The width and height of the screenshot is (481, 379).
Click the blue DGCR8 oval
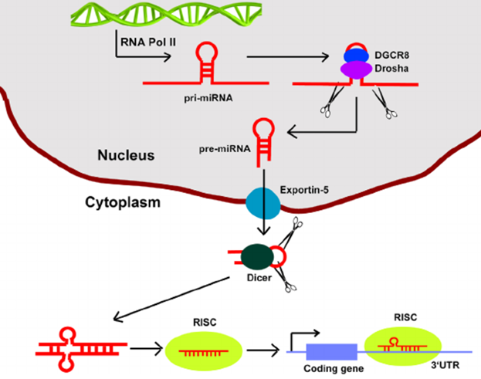coord(357,56)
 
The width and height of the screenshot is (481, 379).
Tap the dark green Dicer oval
coord(256,257)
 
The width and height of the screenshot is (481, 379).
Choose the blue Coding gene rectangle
coord(331,352)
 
